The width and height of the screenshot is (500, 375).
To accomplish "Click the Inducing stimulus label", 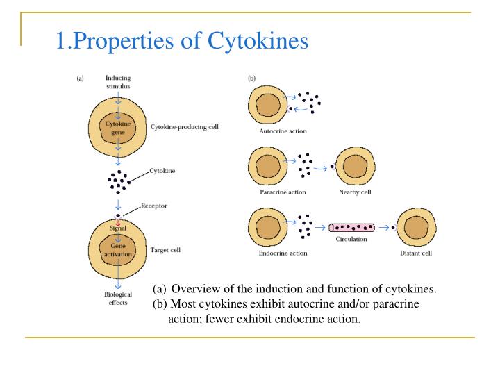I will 117,81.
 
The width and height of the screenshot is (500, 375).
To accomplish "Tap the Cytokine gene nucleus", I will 117,128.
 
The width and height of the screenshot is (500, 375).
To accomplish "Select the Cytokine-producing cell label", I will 185,128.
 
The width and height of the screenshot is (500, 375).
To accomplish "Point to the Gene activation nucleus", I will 117,249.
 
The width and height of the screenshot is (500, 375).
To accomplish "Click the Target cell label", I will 165,249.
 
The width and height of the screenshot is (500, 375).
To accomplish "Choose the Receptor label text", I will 155,206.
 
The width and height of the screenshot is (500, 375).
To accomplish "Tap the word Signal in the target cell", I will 117,228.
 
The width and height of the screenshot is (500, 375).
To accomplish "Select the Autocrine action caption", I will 278,131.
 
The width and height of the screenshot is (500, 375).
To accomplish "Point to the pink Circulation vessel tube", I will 351,227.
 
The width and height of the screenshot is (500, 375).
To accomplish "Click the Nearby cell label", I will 353,192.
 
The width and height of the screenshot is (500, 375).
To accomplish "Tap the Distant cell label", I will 415,253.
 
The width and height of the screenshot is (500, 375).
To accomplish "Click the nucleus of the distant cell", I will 415,227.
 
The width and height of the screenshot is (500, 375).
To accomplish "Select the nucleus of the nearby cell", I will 353,167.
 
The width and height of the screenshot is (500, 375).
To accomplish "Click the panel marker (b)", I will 251,78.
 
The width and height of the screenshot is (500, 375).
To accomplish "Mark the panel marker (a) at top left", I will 80,78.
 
